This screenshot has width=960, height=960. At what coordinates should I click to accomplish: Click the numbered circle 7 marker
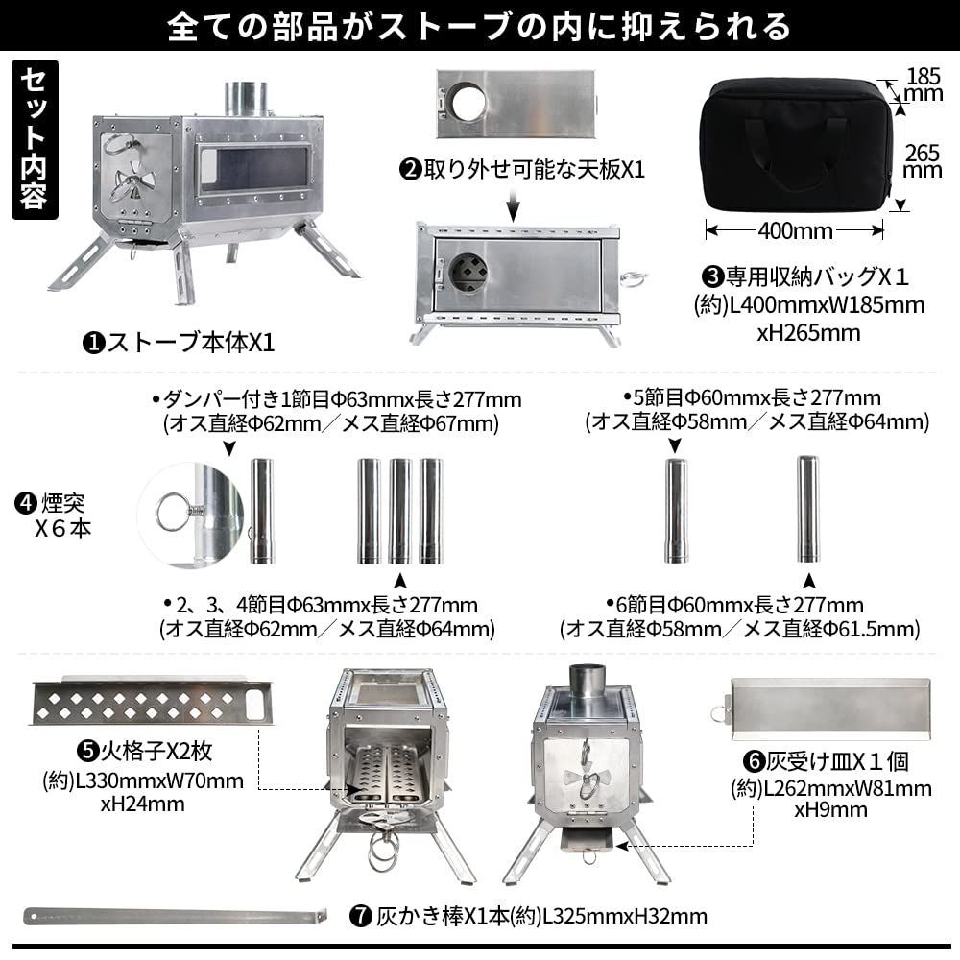361,916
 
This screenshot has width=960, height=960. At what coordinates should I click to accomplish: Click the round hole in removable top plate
468,102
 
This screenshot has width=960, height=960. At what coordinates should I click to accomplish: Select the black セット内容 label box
36,139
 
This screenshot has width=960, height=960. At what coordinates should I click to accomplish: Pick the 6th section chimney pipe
808,510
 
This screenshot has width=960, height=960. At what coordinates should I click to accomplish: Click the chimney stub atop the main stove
246,98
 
